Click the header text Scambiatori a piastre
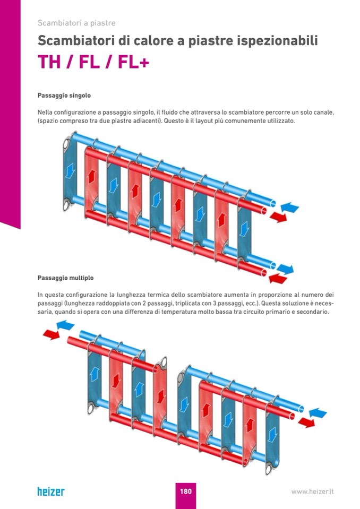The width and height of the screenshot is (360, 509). pos(76,23)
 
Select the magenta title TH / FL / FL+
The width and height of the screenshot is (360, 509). pos(93,62)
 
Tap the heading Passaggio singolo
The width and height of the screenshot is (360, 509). pos(64,96)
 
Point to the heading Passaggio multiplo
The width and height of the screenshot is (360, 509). pos(66,278)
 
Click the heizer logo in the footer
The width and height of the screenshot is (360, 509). pos(51,491)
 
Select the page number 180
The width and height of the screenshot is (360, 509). pos(185,491)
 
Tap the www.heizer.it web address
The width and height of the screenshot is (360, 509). pos(312,491)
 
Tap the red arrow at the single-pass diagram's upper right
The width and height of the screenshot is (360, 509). pos(278,217)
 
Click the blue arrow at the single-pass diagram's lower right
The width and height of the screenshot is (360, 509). pos(286,269)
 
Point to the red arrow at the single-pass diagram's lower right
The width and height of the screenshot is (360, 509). pos(277,278)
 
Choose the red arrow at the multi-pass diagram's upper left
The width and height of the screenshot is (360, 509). pos(51,334)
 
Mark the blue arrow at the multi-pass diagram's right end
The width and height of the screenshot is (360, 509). pos(318,412)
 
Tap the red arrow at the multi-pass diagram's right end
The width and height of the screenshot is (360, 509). pos(306,422)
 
